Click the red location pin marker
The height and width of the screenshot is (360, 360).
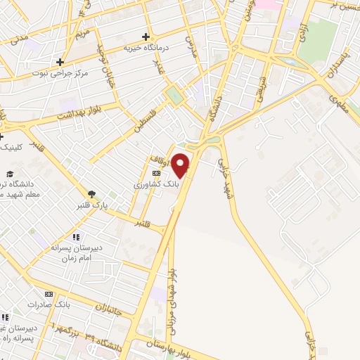[181, 165]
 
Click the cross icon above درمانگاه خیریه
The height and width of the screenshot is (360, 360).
[146, 37]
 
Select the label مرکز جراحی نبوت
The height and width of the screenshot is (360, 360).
[60, 72]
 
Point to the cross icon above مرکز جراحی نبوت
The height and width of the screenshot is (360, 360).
[60, 62]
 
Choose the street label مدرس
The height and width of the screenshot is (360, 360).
[189, 46]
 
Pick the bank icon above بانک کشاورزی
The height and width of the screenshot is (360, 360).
[156, 173]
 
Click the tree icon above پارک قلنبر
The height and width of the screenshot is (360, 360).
[92, 194]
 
